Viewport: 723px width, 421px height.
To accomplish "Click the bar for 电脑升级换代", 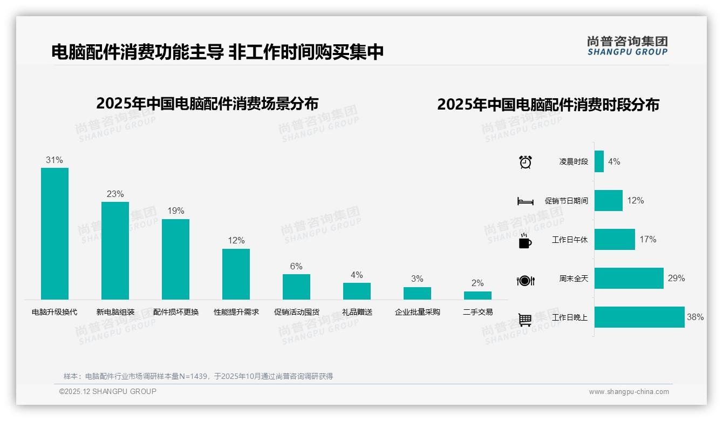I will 54,233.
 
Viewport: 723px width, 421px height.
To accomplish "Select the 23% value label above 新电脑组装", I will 115,194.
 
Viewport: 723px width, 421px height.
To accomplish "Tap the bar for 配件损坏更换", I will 175,259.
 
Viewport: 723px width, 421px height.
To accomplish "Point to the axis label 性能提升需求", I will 236,312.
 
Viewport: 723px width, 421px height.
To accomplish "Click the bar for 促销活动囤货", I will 296,287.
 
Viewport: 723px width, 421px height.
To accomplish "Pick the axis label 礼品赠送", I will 357,312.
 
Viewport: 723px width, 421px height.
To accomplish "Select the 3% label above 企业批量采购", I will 417,279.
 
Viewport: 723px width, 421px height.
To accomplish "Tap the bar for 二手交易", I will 478,295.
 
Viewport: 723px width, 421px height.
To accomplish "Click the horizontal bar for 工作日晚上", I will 639,317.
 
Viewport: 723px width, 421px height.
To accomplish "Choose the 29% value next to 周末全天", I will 676,279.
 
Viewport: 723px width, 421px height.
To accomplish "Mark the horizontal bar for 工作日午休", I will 615,240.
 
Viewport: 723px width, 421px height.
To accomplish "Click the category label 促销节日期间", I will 566,201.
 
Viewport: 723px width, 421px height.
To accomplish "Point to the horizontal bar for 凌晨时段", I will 599,161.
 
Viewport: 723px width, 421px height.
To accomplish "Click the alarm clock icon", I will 526,162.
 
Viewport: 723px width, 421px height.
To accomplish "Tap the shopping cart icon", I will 525,320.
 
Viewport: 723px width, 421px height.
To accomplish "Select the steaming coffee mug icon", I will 525,241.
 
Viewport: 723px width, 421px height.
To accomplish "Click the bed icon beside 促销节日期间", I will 525,201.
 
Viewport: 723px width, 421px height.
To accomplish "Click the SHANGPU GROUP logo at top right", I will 627,45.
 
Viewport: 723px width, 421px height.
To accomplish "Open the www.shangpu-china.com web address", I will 629,392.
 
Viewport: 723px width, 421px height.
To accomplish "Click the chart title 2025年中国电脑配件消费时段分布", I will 548,105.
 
